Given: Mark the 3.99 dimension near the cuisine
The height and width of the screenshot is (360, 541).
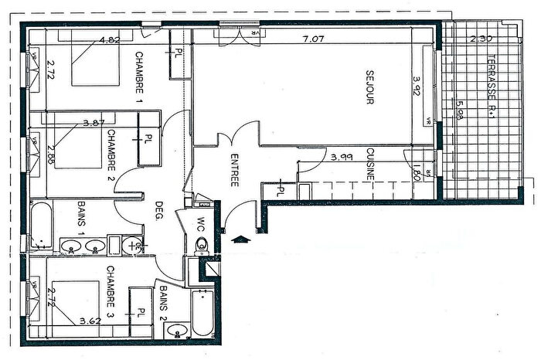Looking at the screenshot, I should pyautogui.click(x=342, y=157).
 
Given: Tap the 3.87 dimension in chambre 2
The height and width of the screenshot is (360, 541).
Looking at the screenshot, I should pyautogui.click(x=94, y=122).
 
